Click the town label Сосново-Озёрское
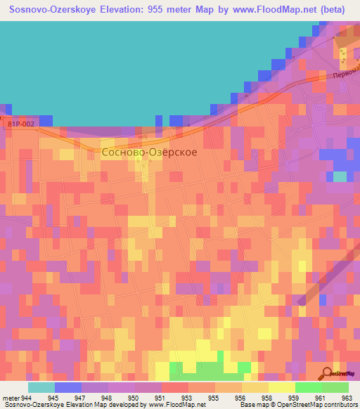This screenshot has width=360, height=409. click(x=149, y=151)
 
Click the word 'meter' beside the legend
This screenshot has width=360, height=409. click(x=10, y=397)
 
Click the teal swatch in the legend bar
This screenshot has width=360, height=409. click(x=41, y=387)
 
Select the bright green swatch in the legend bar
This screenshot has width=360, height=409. click(x=309, y=387)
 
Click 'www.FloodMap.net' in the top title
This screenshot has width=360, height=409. click(x=233, y=10)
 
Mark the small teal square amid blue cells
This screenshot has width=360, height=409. click(x=340, y=176)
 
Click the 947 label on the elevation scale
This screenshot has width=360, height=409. click(x=82, y=397)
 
